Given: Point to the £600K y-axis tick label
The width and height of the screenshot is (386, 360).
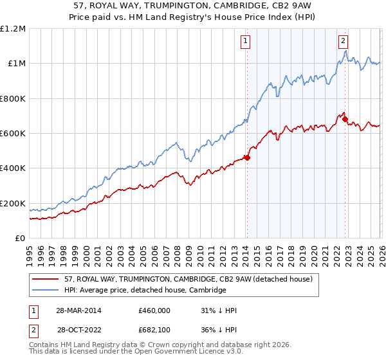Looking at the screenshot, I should click(x=13, y=134).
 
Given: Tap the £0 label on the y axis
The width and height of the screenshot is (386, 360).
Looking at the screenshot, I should click(x=21, y=239).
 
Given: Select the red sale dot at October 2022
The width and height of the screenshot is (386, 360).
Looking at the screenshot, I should click(x=345, y=119).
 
